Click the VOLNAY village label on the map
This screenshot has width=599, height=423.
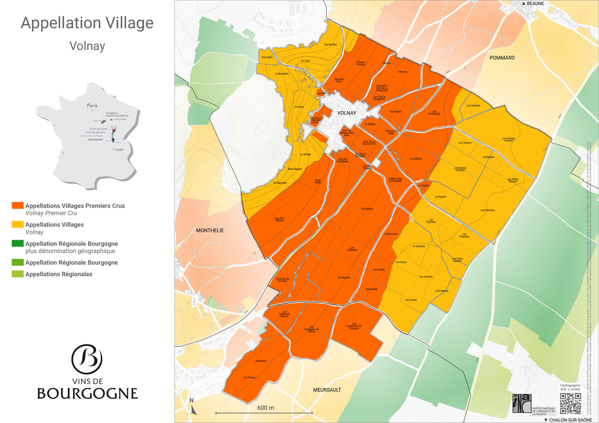coord(347,113)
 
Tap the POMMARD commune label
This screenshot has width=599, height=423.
coord(502,58)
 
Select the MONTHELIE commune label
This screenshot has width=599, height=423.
coord(210,230)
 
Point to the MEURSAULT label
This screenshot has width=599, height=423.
coord(327,390)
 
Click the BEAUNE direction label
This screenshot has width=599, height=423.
coord(535,4)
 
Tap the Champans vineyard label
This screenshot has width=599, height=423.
coord(367,209)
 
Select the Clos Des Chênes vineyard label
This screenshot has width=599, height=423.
coord(279,219)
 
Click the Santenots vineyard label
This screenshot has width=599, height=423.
coord(261,361)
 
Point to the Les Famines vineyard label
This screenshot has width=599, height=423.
coord(487,210)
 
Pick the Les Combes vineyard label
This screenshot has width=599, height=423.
coord(473,106)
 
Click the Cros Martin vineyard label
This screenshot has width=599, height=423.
coord(442,291)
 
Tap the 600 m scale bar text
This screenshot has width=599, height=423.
coord(265,408)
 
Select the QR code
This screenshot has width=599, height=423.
coord(570,403)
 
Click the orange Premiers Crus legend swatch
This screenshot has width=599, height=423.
coord(17,205)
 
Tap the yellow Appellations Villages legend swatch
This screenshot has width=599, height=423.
coord(17,225)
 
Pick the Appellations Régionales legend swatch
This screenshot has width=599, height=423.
coord(17,274)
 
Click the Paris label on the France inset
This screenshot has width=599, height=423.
coord(92,106)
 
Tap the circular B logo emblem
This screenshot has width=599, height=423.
coord(87,359)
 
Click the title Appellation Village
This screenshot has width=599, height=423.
coord(87,23)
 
